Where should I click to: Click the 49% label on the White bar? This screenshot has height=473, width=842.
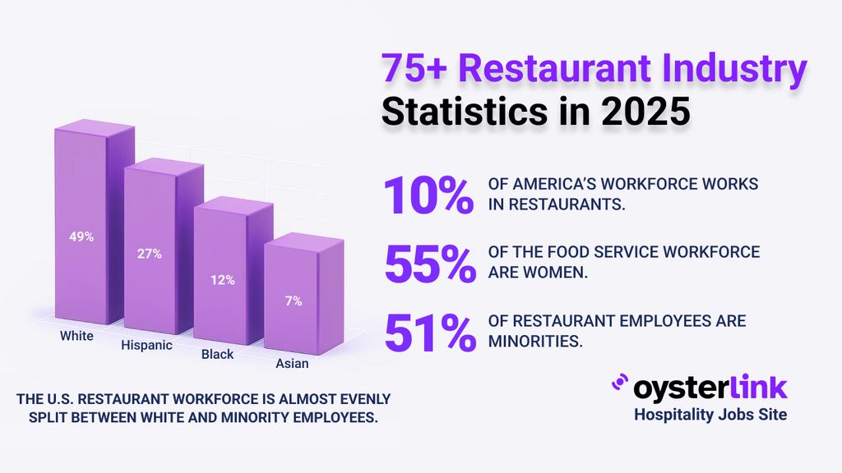pyautogui.click(x=81, y=236)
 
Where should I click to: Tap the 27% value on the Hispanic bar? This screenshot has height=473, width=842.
pyautogui.click(x=149, y=254)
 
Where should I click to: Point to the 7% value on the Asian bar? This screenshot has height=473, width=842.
pyautogui.click(x=294, y=301)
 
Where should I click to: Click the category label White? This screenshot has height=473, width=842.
pyautogui.click(x=76, y=336)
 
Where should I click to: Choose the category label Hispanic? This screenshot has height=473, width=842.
pyautogui.click(x=146, y=345)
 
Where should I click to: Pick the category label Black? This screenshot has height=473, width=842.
pyautogui.click(x=218, y=355)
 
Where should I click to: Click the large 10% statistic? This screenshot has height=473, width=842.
pyautogui.click(x=428, y=195)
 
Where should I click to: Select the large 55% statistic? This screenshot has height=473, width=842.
pyautogui.click(x=428, y=263)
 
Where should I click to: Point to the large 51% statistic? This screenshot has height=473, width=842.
pyautogui.click(x=428, y=331)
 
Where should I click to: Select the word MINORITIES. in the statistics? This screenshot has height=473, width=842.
pyautogui.click(x=535, y=341)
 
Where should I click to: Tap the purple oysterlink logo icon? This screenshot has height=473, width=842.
pyautogui.click(x=618, y=383)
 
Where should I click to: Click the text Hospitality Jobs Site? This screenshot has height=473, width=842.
pyautogui.click(x=710, y=415)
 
